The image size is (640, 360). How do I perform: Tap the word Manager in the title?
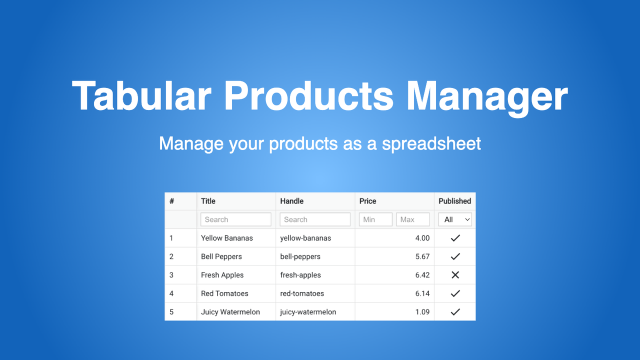tap(487, 96)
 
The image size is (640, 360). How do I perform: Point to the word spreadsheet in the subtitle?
tap(431, 143)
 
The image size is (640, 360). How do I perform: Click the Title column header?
tap(208, 201)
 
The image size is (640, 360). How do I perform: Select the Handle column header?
tap(291, 201)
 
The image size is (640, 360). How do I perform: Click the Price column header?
tap(367, 201)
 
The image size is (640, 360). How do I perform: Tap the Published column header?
tap(454, 201)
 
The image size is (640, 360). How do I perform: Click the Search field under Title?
tap(235, 219)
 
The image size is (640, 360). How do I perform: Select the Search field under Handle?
tap(315, 219)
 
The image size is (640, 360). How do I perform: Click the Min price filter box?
tap(375, 219)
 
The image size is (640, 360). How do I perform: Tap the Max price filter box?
tap(412, 219)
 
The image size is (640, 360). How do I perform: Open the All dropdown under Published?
tap(454, 219)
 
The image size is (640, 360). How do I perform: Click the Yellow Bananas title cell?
tap(227, 238)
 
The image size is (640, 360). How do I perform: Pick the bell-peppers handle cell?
tap(300, 256)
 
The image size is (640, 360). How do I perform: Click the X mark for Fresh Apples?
tap(455, 275)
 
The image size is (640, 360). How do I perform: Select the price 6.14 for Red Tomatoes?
tap(422, 293)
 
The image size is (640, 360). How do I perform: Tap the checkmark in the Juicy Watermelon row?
tap(455, 312)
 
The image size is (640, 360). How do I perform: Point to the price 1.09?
tap(422, 312)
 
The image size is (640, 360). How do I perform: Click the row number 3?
tap(171, 275)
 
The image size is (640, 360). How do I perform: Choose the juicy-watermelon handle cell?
tap(308, 312)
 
